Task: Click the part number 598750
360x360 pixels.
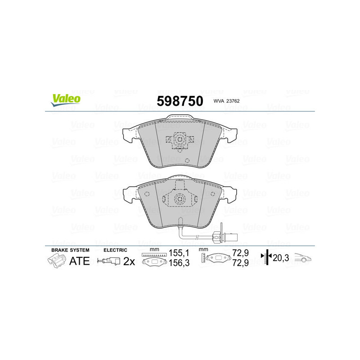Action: click(180, 101)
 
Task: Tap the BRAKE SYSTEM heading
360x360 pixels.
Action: click(70, 250)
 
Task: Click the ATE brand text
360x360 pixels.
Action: click(80, 260)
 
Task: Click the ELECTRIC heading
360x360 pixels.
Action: click(116, 250)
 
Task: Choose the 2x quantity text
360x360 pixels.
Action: click(130, 261)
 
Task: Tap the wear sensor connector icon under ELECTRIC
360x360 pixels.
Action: click(109, 261)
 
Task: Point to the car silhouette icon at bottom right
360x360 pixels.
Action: click(303, 258)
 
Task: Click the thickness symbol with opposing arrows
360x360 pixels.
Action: click(268, 258)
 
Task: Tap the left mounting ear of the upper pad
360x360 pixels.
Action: click(129, 134)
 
